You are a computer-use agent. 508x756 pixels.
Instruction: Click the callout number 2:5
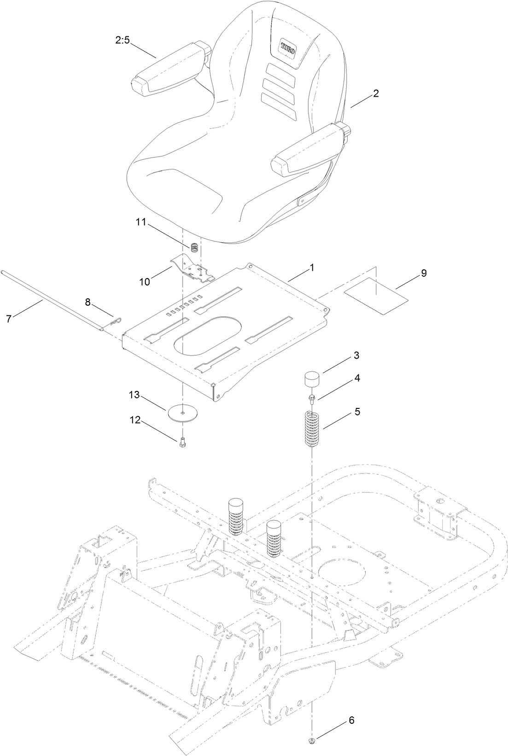coord(123,41)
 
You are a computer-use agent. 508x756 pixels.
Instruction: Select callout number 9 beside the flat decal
coord(423,273)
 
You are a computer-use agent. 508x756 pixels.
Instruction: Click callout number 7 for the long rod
coord(9,318)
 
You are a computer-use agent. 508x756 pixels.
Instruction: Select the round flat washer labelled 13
coord(183,413)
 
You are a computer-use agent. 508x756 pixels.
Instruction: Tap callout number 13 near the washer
coord(134,395)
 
